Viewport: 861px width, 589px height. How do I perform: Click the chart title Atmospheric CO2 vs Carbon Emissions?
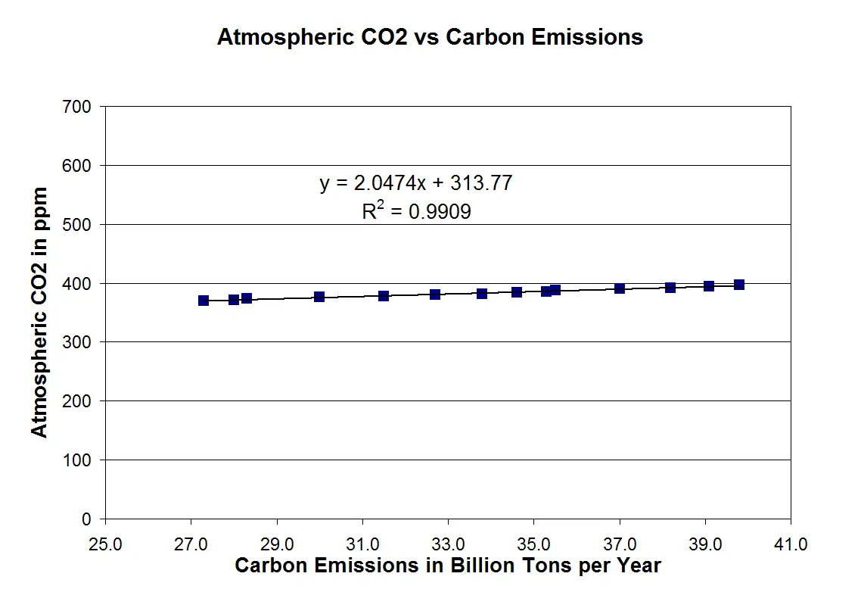(430, 37)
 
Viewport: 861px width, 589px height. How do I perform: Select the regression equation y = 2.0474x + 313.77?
(416, 183)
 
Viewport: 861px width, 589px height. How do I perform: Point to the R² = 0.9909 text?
(416, 212)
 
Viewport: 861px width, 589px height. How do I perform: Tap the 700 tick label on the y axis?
(79, 107)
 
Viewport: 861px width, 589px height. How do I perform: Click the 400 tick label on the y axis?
(79, 283)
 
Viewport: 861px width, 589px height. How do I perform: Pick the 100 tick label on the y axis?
(79, 460)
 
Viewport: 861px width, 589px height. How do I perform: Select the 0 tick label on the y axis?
(86, 519)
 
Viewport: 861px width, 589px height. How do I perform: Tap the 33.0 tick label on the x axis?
(448, 544)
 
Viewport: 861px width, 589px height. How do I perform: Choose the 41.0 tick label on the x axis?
(791, 544)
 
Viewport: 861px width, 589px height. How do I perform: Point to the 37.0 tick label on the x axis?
(620, 544)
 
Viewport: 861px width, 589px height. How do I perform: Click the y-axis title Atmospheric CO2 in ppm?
(39, 312)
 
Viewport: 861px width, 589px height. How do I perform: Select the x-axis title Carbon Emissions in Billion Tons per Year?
(448, 566)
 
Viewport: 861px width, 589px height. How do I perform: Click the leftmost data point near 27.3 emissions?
(204, 301)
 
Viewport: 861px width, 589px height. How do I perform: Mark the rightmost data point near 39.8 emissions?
(739, 285)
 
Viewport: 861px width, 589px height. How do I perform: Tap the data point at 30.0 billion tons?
(319, 297)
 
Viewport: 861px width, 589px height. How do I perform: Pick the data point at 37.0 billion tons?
(620, 288)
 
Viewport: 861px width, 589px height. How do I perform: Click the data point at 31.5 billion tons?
(384, 296)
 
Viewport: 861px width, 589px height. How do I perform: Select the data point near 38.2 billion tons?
(670, 288)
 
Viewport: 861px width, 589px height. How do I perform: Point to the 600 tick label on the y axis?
(79, 165)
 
